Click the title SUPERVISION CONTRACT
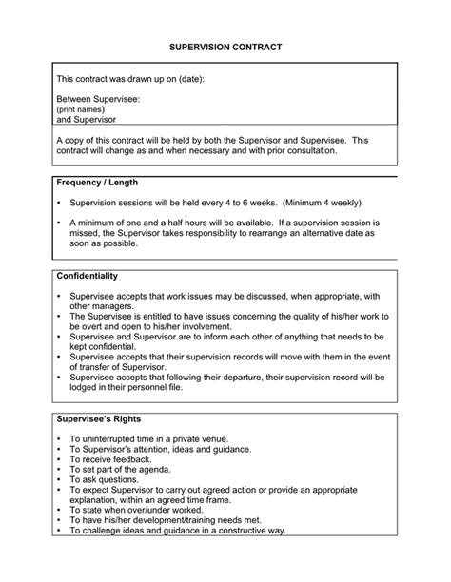[225, 46]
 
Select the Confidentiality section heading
[88, 276]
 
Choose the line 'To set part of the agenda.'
[121, 470]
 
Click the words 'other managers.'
[103, 306]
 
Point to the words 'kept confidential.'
[107, 347]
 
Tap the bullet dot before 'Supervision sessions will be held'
[59, 203]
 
